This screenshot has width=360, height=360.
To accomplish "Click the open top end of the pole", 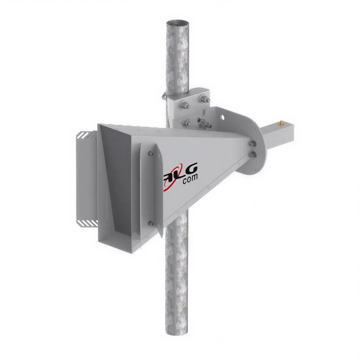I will tap(177, 24).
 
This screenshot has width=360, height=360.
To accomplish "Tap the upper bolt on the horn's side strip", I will tap(150, 154).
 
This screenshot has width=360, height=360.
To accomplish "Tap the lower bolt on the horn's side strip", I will tap(150, 223).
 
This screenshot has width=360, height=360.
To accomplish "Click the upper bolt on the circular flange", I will tap(251, 144).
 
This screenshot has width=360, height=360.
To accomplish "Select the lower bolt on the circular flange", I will tap(252, 155).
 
